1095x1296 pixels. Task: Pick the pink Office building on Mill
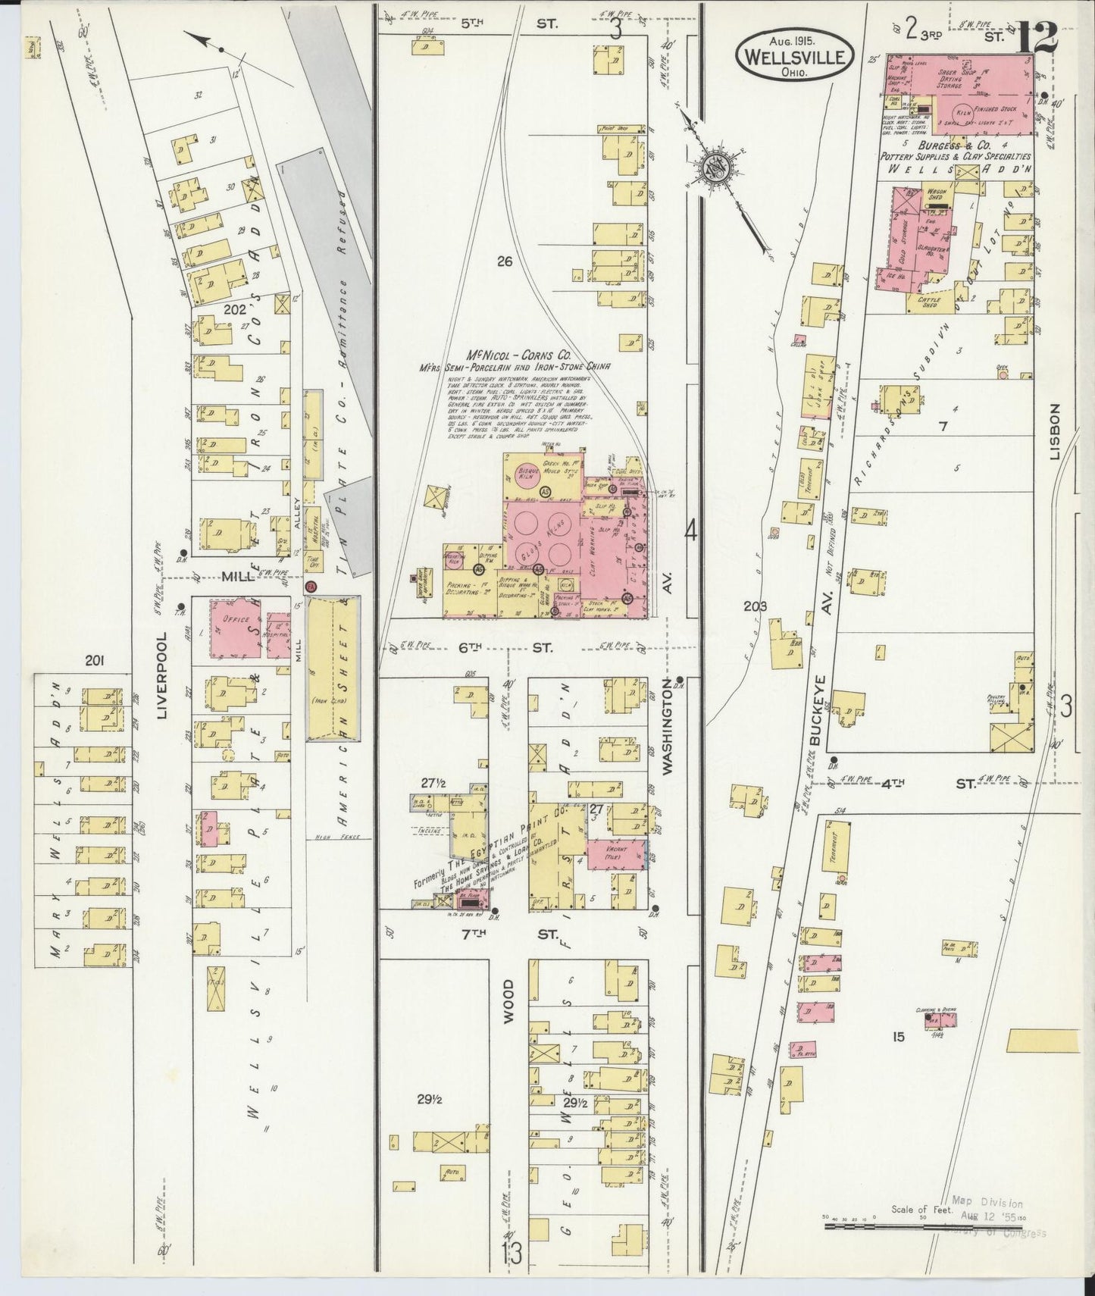click(235, 625)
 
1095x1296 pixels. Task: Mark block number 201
click(94, 662)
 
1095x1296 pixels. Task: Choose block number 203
click(755, 606)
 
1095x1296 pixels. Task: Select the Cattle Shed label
click(931, 301)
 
